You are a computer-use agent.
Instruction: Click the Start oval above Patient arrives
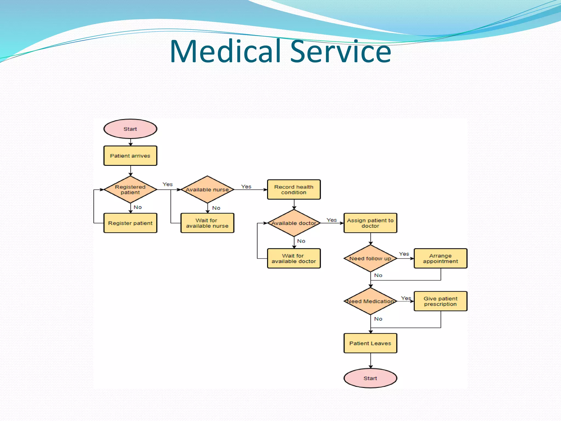(x=130, y=129)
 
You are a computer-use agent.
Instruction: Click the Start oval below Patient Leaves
(x=370, y=378)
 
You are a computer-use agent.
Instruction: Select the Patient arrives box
(x=130, y=156)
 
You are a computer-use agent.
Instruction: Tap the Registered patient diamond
(x=130, y=189)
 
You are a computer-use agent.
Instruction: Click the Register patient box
(x=130, y=223)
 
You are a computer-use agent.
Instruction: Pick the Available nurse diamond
(x=207, y=189)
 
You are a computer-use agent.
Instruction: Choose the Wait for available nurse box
(x=207, y=223)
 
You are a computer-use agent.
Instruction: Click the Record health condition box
(x=294, y=189)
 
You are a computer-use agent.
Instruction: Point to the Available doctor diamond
(x=294, y=223)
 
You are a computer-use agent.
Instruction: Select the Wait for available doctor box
(x=294, y=258)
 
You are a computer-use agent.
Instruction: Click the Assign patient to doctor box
(x=370, y=223)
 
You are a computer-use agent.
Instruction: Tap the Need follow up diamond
(x=370, y=258)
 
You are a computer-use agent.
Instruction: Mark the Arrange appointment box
(x=440, y=258)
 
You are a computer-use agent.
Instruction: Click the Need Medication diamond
(x=370, y=301)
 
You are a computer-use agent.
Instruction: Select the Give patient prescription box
(x=440, y=301)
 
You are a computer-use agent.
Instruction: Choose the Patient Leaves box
(x=370, y=343)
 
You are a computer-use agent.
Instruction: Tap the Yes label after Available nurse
(x=246, y=187)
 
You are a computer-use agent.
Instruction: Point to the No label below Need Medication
(x=378, y=319)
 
